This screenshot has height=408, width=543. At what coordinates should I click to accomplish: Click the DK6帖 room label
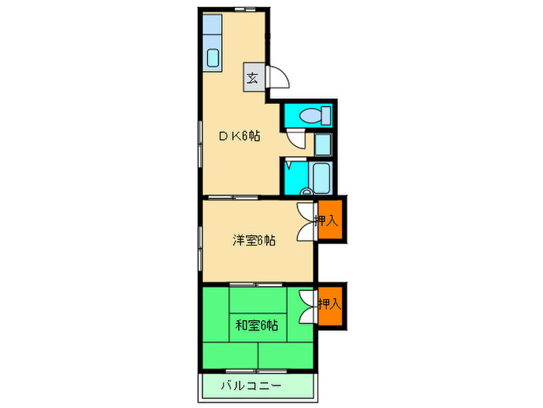click(x=238, y=135)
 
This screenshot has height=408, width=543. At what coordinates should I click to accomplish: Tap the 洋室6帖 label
click(x=253, y=240)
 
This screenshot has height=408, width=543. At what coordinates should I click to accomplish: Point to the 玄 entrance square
click(x=253, y=77)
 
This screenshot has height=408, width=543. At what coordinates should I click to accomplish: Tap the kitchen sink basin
click(x=212, y=58)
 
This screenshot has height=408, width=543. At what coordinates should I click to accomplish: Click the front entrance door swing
click(x=278, y=77)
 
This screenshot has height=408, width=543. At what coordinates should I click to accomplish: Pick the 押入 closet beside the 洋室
click(x=329, y=221)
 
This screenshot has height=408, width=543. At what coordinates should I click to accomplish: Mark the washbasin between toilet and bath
click(x=323, y=145)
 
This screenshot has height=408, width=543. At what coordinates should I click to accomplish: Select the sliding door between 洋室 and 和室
click(x=259, y=284)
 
